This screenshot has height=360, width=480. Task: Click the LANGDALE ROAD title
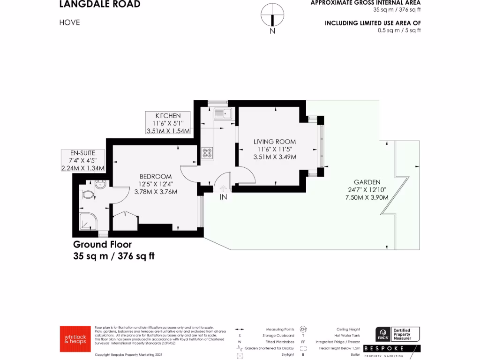[x=99, y=5]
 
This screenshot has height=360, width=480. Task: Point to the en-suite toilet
[x=87, y=195]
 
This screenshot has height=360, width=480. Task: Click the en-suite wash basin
[x=99, y=184]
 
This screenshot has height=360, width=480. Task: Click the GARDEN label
[x=367, y=182]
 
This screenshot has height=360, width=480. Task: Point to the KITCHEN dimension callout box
[x=168, y=123]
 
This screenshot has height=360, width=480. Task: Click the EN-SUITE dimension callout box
[x=82, y=160]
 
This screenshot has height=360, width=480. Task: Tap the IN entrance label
[x=224, y=197]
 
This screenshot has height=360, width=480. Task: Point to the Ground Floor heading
[x=102, y=244]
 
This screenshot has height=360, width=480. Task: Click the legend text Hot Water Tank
[x=348, y=336]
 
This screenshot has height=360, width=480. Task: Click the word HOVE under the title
[x=70, y=22]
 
